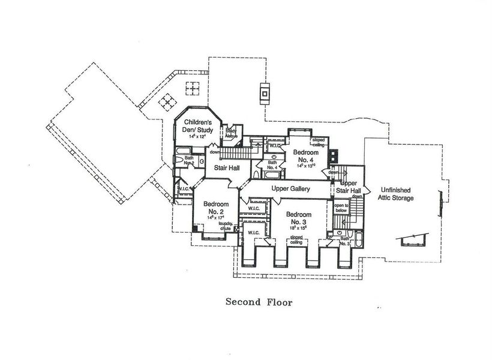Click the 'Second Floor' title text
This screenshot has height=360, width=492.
tap(259, 302)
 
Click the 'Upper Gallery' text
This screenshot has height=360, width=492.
tap(290, 189)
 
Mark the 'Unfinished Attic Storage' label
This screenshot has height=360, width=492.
tap(395, 194)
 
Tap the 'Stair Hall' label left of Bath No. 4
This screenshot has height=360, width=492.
tap(224, 168)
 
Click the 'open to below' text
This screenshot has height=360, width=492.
tap(341, 209)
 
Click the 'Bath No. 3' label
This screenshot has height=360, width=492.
tap(344, 241)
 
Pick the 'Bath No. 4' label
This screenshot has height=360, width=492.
tap(272, 165)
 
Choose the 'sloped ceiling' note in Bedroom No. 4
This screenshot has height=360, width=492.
tap(319, 143)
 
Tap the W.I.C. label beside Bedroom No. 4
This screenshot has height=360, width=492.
tap(276, 146)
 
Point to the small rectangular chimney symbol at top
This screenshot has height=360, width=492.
tap(264, 93)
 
